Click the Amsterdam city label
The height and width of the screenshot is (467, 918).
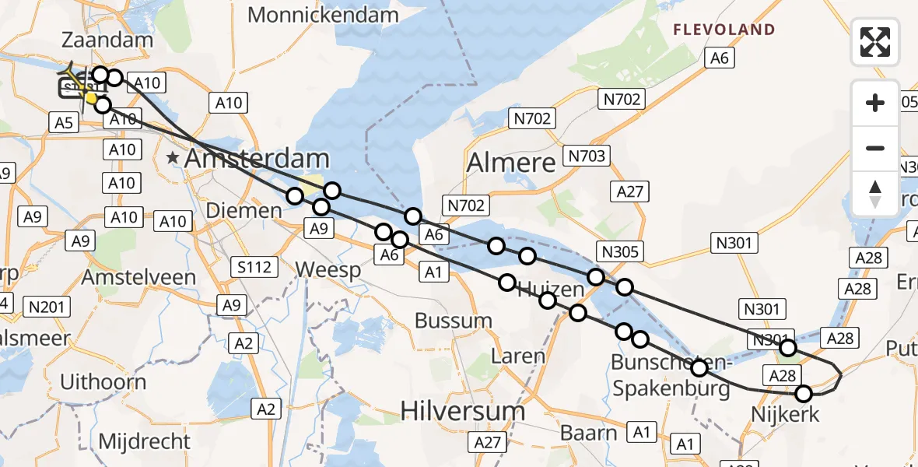pyautogui.click(x=258, y=159)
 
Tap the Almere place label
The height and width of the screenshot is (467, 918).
pyautogui.click(x=511, y=163)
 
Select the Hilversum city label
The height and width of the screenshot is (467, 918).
pyautogui.click(x=463, y=410)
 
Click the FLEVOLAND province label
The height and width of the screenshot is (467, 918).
pyautogui.click(x=724, y=30)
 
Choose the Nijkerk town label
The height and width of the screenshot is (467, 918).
pyautogui.click(x=784, y=414)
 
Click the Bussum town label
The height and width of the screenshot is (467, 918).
pyautogui.click(x=454, y=320)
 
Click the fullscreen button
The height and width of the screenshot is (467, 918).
pyautogui.click(x=875, y=42)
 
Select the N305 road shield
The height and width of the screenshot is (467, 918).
pyautogui.click(x=620, y=251)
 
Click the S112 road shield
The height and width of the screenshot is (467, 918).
pyautogui.click(x=254, y=268)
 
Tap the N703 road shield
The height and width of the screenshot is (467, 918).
pyautogui.click(x=586, y=156)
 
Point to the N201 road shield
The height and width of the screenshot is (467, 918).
pyautogui.click(x=46, y=307)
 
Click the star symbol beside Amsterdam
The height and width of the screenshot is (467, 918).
pyautogui.click(x=172, y=158)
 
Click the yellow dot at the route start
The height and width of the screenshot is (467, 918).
pyautogui.click(x=92, y=98)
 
